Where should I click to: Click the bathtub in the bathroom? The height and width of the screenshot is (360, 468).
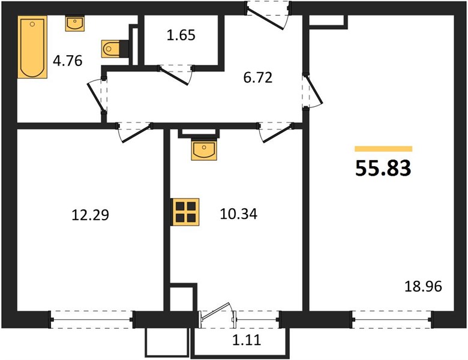pos(32,47)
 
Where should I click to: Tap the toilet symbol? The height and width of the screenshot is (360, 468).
pos(115,49)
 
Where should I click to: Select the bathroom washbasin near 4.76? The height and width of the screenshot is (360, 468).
pos(75,23)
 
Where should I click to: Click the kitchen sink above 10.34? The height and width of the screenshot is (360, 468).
pos(204,150)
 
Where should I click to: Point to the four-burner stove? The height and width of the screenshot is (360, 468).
pos(185,212)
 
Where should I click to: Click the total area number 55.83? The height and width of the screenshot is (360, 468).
pos(383,168)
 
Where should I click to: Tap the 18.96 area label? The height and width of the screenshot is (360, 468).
pos(423,287)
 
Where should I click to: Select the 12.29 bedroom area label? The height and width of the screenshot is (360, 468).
pos(91,215)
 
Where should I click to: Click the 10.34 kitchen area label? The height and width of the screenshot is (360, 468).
pos(238,214)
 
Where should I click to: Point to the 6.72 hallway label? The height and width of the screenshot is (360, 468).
pos(258,78)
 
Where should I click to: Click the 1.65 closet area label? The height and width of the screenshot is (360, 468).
pos(181,35)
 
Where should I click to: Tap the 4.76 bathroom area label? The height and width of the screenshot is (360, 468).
pos(67,61)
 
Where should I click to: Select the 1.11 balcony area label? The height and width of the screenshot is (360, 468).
pos(247,340)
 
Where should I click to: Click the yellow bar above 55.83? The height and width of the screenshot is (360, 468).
pos(383,149)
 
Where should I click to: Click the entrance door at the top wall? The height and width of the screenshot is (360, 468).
pos(268,16)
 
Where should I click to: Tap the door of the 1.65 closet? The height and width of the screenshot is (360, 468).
pos(176,74)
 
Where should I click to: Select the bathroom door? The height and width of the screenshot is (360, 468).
pos(98,96)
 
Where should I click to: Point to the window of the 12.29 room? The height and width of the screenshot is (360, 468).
pos(92,320)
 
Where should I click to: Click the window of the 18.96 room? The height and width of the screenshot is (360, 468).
pos(392,320)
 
